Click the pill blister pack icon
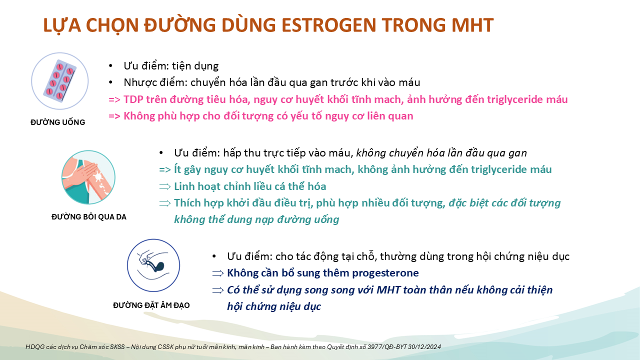coord(59,81)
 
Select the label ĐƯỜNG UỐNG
coord(57,122)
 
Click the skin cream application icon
coord(88,177)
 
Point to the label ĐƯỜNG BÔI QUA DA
coord(89,217)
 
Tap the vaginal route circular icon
coord(153,265)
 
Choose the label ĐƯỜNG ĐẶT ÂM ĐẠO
coord(151,305)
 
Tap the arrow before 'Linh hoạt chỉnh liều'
coord(165,187)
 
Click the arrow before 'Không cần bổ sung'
coord(218,273)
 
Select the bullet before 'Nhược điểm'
coord(111,82)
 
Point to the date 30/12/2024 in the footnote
coord(424,347)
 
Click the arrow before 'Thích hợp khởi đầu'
coord(165,203)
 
